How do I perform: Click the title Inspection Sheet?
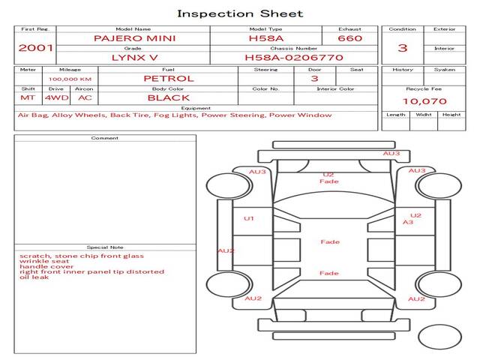tap(240, 13)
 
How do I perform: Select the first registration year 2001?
tap(35, 48)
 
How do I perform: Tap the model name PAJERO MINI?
tap(135, 38)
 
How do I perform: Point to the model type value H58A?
tap(266, 38)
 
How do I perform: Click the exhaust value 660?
tap(350, 38)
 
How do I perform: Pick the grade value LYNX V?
tap(135, 58)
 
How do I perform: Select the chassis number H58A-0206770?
tap(294, 58)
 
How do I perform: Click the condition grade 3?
tap(403, 48)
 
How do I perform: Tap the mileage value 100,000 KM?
tap(70, 79)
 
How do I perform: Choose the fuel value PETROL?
tap(169, 79)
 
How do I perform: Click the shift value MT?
tap(28, 98)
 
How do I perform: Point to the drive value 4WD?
tap(57, 98)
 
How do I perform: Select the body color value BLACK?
tap(169, 98)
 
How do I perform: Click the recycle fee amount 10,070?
tap(424, 101)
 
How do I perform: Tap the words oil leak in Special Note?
tap(34, 277)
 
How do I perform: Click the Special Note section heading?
tap(105, 247)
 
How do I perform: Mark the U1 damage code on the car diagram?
tap(249, 218)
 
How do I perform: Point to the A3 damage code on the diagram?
tap(408, 222)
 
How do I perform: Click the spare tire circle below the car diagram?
tap(439, 337)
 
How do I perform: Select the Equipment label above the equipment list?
tap(196, 108)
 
